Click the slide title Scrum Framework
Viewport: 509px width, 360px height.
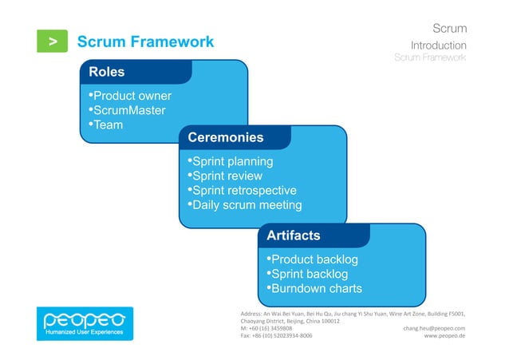tap(144, 42)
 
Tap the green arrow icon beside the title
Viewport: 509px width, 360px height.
tap(53, 42)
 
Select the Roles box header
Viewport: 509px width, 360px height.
tap(107, 72)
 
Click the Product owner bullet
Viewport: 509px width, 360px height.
tap(129, 97)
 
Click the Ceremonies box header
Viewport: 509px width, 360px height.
tap(226, 137)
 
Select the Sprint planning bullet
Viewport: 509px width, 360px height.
tap(230, 162)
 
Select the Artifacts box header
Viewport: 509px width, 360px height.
tap(294, 235)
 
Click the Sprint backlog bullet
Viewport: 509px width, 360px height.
tap(307, 275)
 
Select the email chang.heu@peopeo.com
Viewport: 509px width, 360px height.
tap(435, 328)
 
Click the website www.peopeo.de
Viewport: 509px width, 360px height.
tap(445, 336)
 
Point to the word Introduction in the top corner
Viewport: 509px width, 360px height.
tap(439, 45)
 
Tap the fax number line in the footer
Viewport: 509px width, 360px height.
tap(276, 336)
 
